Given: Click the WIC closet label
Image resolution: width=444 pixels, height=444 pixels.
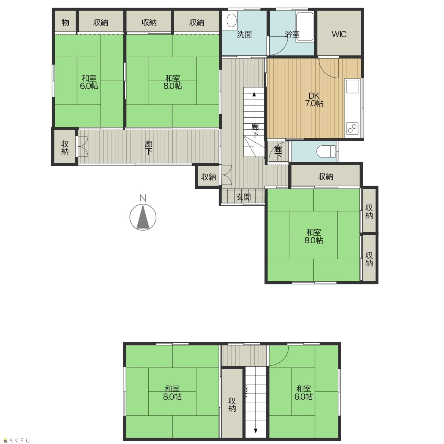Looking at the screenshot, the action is [339, 34].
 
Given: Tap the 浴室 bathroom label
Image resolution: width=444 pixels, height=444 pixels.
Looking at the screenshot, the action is [292, 34].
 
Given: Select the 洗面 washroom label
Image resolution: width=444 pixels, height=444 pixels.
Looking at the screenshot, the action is [244, 34].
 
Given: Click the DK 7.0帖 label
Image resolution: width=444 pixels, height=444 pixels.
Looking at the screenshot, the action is [314, 99].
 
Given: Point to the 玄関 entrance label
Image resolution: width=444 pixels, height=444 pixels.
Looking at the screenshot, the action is [244, 197].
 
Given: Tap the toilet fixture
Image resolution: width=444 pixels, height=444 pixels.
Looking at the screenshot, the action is [326, 151].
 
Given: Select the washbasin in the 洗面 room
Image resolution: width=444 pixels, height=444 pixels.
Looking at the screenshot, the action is [231, 20].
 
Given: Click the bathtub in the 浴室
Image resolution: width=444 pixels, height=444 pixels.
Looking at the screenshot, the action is [305, 27].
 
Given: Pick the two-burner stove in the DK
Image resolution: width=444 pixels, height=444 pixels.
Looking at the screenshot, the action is [352, 129].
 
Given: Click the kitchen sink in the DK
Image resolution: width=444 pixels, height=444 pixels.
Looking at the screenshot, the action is [352, 86].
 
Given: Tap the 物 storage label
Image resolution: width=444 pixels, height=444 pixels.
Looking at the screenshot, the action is [65, 22].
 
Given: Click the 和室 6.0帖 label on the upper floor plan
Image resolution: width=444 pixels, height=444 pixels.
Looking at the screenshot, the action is [89, 82].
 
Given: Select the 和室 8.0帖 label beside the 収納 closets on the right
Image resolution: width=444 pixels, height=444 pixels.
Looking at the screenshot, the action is [314, 236].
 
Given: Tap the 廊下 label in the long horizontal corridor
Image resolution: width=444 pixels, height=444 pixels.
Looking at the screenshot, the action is [149, 148].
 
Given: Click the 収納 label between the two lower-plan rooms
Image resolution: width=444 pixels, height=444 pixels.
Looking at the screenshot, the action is [232, 405].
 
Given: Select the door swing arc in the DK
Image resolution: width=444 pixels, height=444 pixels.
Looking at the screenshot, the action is [329, 68].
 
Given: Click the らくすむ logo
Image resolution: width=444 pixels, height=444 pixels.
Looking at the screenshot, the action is [16, 440].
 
